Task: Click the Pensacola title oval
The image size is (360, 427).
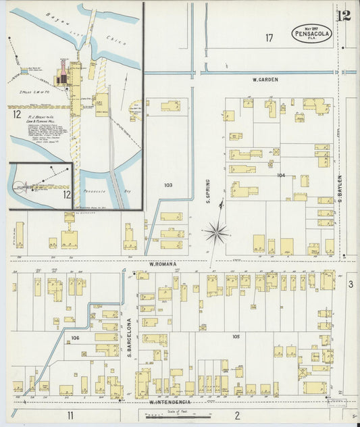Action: tap(312, 33)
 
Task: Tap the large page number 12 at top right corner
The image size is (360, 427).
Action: tap(343, 16)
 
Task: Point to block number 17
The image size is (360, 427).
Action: tap(269, 38)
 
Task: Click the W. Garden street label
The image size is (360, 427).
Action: tap(265, 80)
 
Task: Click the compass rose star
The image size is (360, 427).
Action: tap(217, 233)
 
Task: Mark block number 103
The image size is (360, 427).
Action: tap(168, 184)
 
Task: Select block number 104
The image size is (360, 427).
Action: tap(281, 175)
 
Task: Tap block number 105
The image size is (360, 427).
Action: tap(236, 336)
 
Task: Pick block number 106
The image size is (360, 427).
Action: tap(75, 337)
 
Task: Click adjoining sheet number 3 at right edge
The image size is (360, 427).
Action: tap(351, 284)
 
